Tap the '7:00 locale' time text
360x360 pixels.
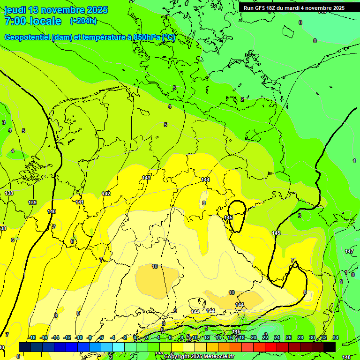[33, 21]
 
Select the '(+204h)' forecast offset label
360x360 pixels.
[83, 21]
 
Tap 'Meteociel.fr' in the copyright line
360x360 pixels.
[218, 357]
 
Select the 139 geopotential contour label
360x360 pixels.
[32, 202]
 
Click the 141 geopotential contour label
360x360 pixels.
[80, 202]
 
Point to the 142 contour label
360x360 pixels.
[106, 194]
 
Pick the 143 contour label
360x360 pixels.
[146, 178]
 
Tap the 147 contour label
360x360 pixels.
[349, 252]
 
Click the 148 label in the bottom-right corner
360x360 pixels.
[346, 357]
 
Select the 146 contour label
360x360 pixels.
[236, 331]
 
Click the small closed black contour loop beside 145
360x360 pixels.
[237, 216]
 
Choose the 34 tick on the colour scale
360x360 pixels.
[335, 337]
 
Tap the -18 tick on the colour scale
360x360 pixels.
[32, 337]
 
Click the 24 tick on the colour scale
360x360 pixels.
[277, 337]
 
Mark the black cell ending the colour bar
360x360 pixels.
[329, 346]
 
